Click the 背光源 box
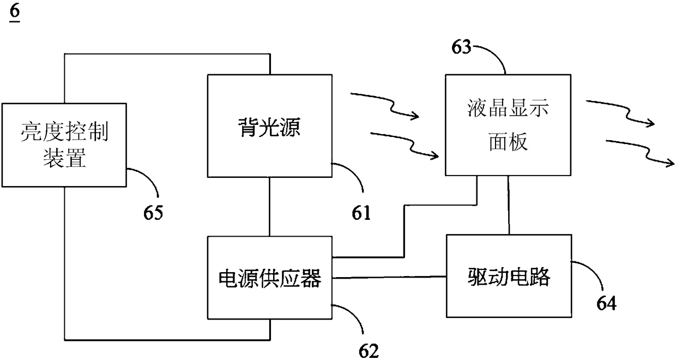pos(270,125)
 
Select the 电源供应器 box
pos(270,278)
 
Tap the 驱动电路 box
pos(509,276)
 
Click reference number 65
pos(153,212)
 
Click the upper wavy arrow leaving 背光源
pos(384,105)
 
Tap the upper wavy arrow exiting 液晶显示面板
pos(620,113)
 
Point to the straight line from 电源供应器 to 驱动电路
pos(389,278)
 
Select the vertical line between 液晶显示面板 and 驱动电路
pos(509,205)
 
